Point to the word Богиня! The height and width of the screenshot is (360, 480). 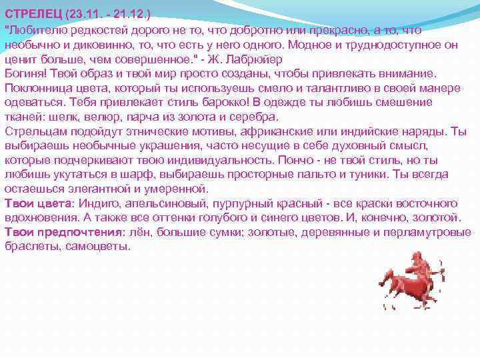click(x=25, y=73)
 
